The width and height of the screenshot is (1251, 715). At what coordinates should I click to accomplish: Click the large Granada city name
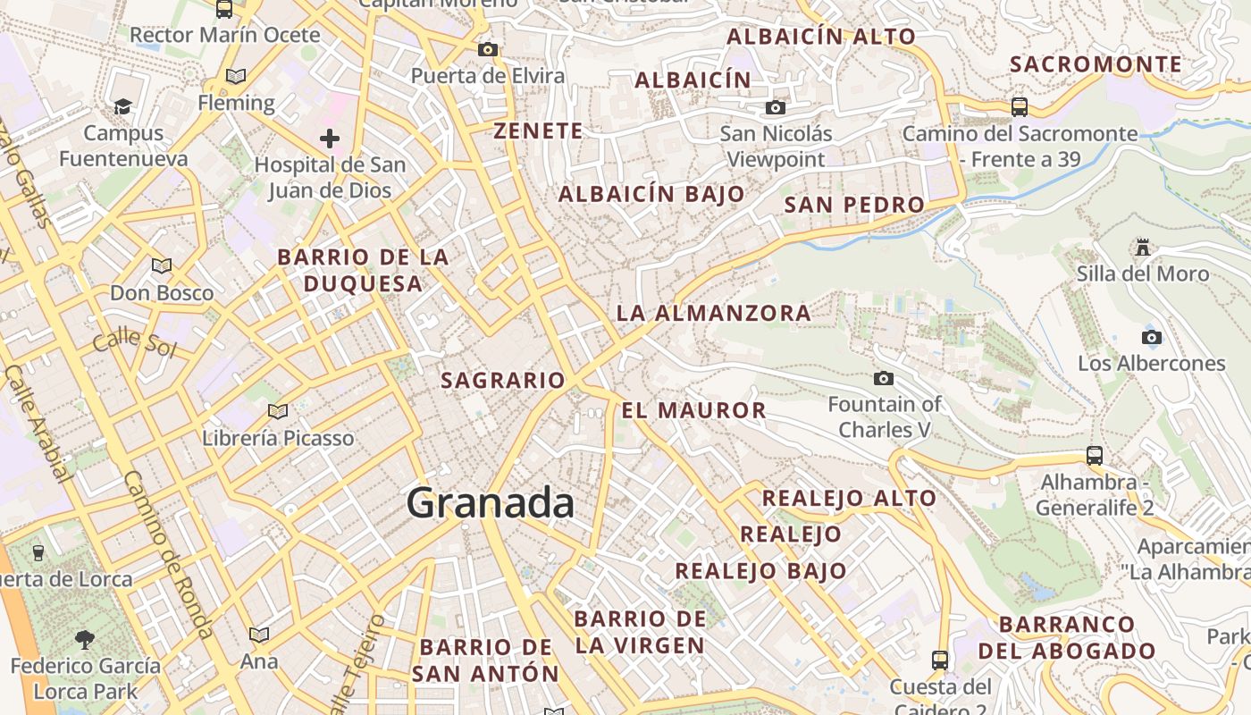491,503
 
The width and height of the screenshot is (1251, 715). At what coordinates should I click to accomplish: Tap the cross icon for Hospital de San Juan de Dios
330,139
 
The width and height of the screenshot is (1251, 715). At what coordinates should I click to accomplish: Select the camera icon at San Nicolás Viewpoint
776,108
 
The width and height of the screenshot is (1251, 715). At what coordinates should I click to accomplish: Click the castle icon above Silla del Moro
1142,247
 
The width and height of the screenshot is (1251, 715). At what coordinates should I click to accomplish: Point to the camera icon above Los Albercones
1152,337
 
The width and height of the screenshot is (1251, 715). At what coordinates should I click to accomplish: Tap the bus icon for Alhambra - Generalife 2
1095,455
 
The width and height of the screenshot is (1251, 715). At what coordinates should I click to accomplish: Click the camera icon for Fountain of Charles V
884,378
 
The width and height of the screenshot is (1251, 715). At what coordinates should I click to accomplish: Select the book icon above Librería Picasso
278,411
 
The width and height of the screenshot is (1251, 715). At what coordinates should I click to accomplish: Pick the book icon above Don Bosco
162,265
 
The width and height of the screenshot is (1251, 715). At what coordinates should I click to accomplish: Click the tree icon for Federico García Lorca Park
86,639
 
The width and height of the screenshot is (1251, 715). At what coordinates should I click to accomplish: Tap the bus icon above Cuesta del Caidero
940,660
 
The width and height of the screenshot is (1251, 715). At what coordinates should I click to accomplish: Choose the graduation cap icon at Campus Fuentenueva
122,106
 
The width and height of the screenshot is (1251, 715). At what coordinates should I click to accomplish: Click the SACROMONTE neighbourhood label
1096,64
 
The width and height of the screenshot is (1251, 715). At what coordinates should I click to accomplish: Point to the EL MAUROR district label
693,411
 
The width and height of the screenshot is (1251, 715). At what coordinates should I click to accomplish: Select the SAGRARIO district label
503,381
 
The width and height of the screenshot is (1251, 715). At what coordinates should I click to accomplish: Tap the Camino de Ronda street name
168,554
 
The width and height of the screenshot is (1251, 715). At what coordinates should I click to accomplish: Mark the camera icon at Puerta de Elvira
488,49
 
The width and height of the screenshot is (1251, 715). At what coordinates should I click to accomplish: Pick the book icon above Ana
259,635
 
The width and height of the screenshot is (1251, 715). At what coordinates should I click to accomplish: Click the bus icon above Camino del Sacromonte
1020,107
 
